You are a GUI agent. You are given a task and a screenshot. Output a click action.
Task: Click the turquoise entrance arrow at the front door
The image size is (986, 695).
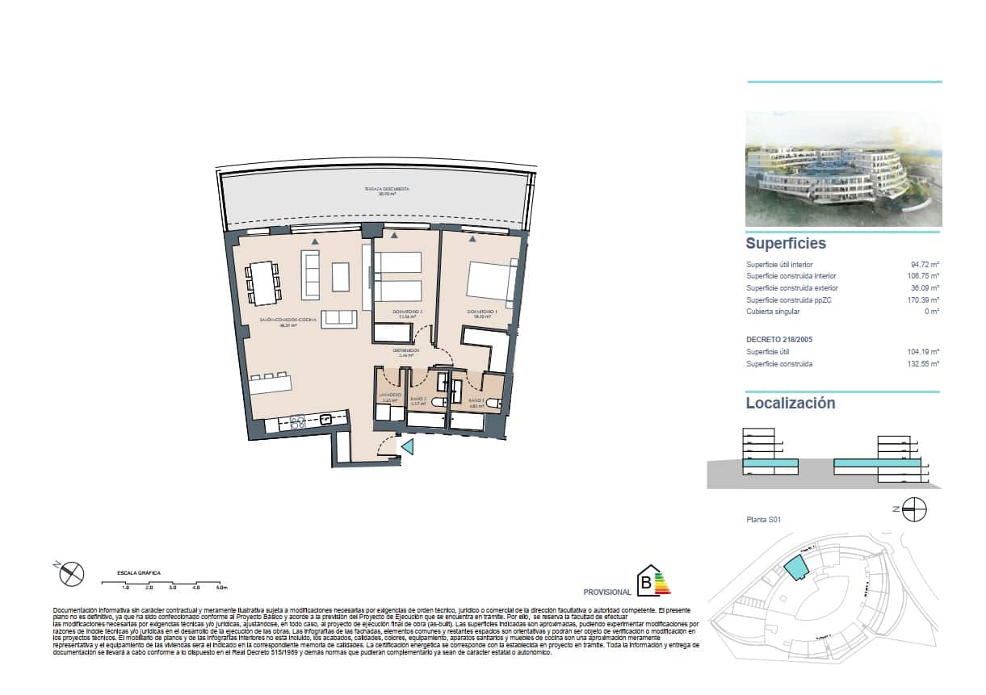[x=408, y=447]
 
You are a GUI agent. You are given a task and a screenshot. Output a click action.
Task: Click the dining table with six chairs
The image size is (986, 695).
[x=263, y=283]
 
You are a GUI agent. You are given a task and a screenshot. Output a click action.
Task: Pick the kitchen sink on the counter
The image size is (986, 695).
[x=327, y=419]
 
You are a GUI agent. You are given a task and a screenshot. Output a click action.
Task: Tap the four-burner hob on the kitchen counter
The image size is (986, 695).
[x=296, y=420]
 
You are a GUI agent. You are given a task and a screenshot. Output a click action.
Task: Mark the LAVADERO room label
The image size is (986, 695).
[x=390, y=396]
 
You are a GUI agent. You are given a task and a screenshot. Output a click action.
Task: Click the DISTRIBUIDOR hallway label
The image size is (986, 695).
[x=405, y=351]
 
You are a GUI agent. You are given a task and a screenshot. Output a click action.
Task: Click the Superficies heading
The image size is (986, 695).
[x=786, y=243]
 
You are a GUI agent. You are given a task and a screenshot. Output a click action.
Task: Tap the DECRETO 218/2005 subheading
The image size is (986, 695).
[x=778, y=340]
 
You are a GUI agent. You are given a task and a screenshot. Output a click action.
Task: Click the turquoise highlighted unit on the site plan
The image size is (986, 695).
[x=795, y=568]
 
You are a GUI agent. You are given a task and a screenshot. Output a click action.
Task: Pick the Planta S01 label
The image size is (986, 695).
[x=763, y=521]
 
